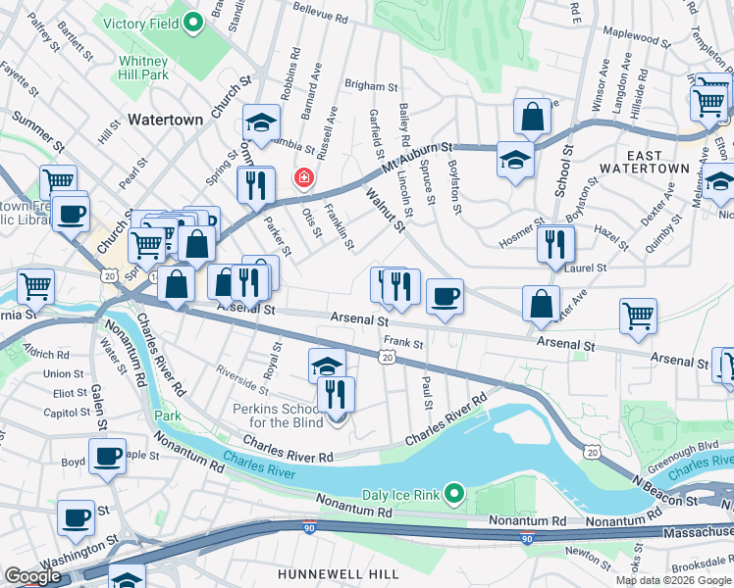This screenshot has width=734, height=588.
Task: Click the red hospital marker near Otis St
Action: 304,177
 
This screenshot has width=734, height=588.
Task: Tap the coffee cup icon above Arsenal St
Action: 445,296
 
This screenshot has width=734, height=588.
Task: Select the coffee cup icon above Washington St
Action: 76,517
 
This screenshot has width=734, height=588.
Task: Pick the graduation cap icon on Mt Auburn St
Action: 515,159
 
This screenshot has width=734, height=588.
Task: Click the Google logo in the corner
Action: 31,576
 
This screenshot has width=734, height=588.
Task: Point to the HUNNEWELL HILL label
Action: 324,572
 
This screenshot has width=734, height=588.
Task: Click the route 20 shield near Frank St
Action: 388,359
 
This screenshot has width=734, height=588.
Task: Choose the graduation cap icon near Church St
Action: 261,122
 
